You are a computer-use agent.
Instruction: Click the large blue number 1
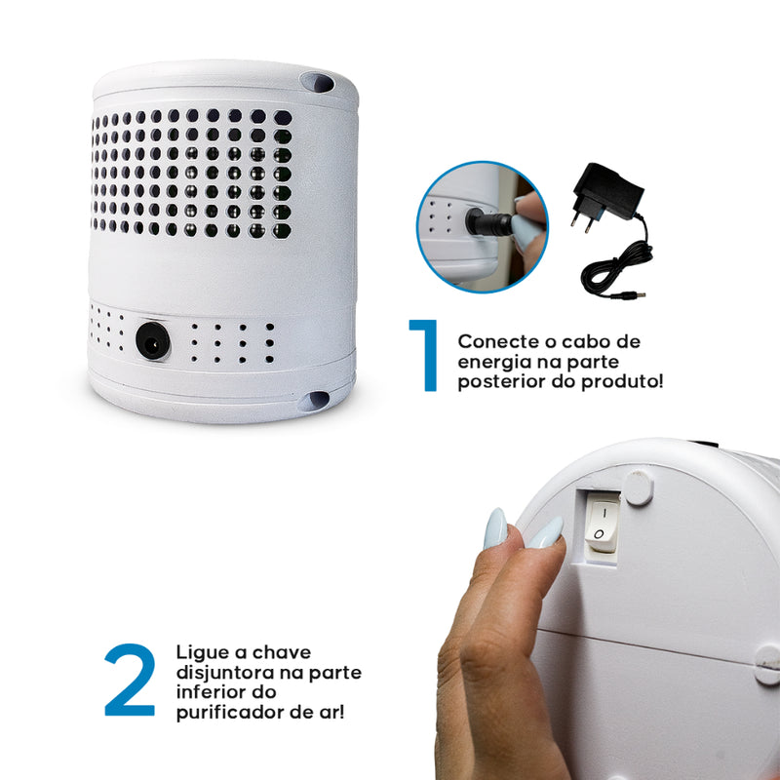tap(423, 356)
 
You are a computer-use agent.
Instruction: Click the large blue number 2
tap(129, 680)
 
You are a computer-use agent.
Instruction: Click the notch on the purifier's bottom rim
tap(315, 401)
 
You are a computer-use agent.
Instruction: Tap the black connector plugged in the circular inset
tap(487, 225)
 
